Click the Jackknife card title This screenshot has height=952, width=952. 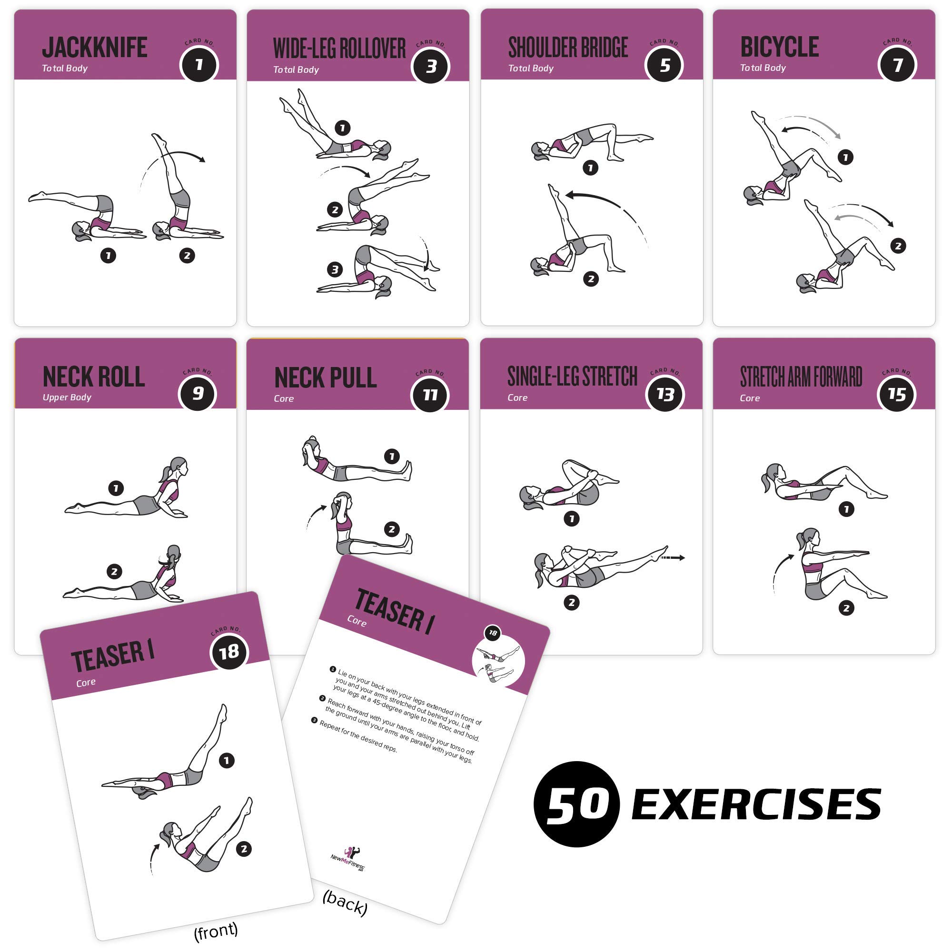[x=95, y=48]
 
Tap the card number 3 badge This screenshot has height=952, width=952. [x=431, y=66]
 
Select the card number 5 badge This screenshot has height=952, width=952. [x=664, y=65]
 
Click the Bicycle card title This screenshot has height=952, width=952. [x=780, y=47]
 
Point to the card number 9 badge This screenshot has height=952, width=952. [x=198, y=393]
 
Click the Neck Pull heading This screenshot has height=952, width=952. [x=325, y=378]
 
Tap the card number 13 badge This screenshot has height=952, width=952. [x=664, y=394]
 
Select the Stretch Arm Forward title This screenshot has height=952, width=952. [x=801, y=377]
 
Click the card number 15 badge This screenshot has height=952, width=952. [x=897, y=394]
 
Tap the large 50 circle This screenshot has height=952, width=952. [x=576, y=803]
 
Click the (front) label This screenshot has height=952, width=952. [x=216, y=931]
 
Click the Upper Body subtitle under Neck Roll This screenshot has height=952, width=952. [x=67, y=397]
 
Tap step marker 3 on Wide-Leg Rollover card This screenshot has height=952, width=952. [x=335, y=269]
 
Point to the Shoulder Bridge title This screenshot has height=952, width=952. [x=568, y=48]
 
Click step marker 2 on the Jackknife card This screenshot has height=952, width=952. [x=187, y=255]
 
